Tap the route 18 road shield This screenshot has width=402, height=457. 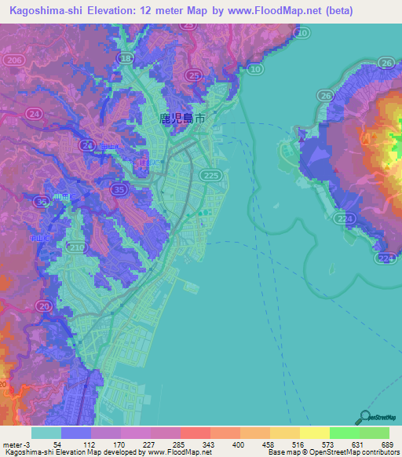[125, 58]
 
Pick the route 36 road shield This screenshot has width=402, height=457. [42, 202]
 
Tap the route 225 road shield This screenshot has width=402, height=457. [212, 175]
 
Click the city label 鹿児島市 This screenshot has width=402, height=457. [183, 119]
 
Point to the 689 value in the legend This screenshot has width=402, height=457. [385, 444]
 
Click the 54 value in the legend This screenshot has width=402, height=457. [57, 444]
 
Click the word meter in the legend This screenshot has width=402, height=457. [11, 444]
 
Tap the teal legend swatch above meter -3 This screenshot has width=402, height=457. [46, 433]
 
